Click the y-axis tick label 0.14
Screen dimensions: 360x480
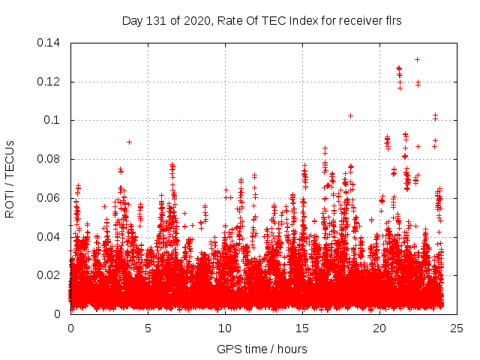point(49,42)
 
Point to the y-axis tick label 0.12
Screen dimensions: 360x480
point(49,81)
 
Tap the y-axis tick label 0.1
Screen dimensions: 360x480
point(52,120)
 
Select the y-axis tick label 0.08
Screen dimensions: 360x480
point(49,159)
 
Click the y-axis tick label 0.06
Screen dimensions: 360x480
point(49,198)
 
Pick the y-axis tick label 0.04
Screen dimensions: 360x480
point(49,237)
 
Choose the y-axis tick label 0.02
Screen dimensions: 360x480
point(49,275)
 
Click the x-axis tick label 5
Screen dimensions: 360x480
point(148,328)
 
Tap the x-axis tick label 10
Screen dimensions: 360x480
point(225,328)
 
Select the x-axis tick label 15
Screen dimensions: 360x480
point(302,328)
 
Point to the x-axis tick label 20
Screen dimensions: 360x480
point(379,328)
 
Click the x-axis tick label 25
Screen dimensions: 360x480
point(457,328)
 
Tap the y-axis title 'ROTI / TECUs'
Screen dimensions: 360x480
point(10,178)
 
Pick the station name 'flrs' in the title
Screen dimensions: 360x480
point(391,21)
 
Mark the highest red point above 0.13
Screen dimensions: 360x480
point(417,59)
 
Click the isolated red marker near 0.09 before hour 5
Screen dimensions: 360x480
point(129,142)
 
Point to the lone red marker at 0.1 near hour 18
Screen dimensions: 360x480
point(350,115)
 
